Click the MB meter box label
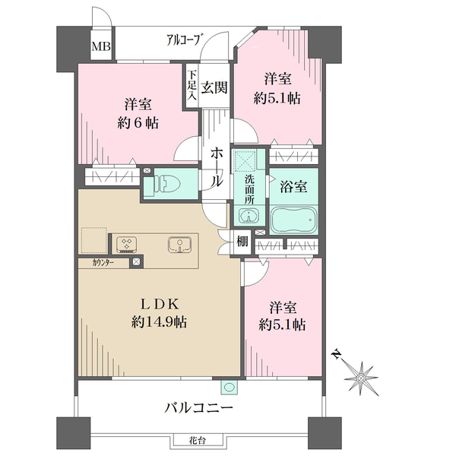pos(101,46)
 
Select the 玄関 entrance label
pos(214,87)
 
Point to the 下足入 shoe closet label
pos(192,85)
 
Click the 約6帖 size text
pos(138,123)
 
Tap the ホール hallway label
pos(217,166)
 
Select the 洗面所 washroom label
pos(249,190)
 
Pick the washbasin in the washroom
pos(249,216)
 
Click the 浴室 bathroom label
pos(293,186)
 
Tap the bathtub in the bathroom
pos(293,220)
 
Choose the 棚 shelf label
pos(242,241)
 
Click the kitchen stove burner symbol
pos(127,244)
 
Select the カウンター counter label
pos(103,263)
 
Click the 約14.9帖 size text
pos(159,321)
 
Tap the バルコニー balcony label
pos(199,407)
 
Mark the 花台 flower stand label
pos(197,441)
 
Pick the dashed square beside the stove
pos(93,240)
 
